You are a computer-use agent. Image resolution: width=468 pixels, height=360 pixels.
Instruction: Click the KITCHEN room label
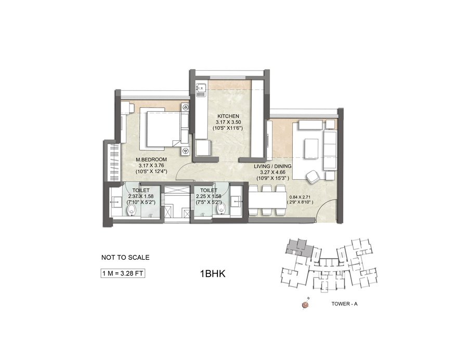[x=228, y=116]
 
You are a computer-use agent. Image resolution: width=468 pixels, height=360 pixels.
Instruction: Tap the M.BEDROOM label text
[x=151, y=159]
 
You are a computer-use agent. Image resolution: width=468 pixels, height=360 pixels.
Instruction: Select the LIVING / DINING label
[x=272, y=166]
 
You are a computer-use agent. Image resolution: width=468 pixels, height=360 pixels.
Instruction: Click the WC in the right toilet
[x=221, y=208]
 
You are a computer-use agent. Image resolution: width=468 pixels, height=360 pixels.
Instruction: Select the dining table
[x=267, y=199]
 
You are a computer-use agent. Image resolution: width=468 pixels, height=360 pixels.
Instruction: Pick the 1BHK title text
[x=213, y=274]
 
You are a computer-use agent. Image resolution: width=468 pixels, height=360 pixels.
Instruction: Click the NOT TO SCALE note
[x=125, y=257]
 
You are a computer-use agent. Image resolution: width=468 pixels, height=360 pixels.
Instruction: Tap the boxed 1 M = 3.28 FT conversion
[x=123, y=273]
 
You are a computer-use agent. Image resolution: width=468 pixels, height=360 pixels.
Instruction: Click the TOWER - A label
[x=344, y=304]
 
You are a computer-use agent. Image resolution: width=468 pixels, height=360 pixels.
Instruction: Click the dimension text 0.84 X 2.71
[x=300, y=197]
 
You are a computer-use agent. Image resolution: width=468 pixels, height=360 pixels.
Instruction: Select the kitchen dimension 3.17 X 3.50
[x=228, y=122]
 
